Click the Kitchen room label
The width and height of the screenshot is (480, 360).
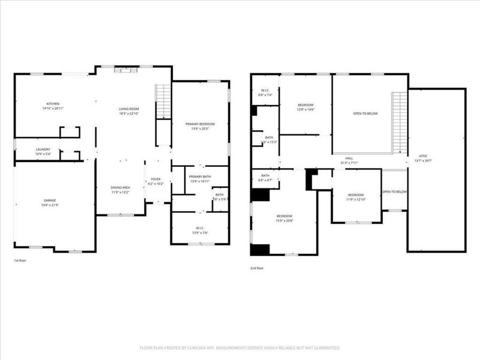coord(53,104)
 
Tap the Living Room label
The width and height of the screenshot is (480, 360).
coord(129,109)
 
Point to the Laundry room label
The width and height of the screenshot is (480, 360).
coord(43,149)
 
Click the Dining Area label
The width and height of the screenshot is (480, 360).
coord(120,187)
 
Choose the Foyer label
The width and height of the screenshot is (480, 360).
coord(155,178)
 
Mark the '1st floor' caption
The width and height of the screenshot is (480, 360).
coord(20,260)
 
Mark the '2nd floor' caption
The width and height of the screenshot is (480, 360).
coord(257,268)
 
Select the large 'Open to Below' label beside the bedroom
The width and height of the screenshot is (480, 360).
coord(365,113)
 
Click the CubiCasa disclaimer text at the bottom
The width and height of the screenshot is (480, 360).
coord(240,347)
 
